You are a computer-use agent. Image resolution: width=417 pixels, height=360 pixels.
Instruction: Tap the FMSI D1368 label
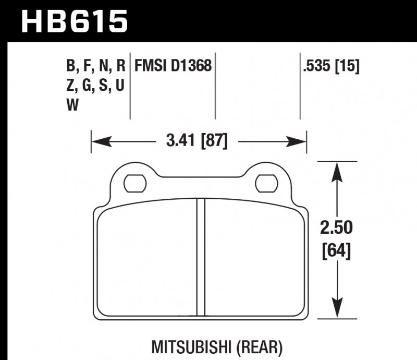[173, 66]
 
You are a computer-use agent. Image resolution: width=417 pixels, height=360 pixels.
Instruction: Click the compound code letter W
[72, 106]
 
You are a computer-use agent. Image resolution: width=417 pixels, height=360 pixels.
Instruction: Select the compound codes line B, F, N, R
[96, 66]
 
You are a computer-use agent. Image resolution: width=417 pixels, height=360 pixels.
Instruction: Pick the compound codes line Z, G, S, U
[95, 86]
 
